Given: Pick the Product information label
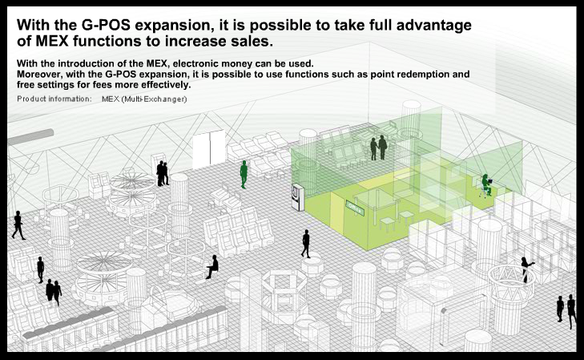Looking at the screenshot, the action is [54, 99].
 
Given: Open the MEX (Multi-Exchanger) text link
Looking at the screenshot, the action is [144, 99].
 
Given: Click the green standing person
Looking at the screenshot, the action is [244, 175].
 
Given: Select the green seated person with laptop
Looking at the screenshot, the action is [486, 185].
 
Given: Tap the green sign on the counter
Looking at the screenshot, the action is [355, 207].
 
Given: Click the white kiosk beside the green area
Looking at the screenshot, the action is [297, 197].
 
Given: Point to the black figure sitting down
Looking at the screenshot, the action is [212, 267].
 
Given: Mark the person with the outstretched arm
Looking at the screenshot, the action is [526, 269].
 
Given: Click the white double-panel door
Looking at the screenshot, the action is [208, 149].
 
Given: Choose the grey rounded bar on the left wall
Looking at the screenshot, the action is [30, 137].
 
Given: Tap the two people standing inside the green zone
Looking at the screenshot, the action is [379, 148].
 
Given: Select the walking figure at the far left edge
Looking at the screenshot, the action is [18, 225].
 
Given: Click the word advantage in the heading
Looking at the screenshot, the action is [434, 26].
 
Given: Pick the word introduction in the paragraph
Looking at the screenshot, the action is [86, 63].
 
